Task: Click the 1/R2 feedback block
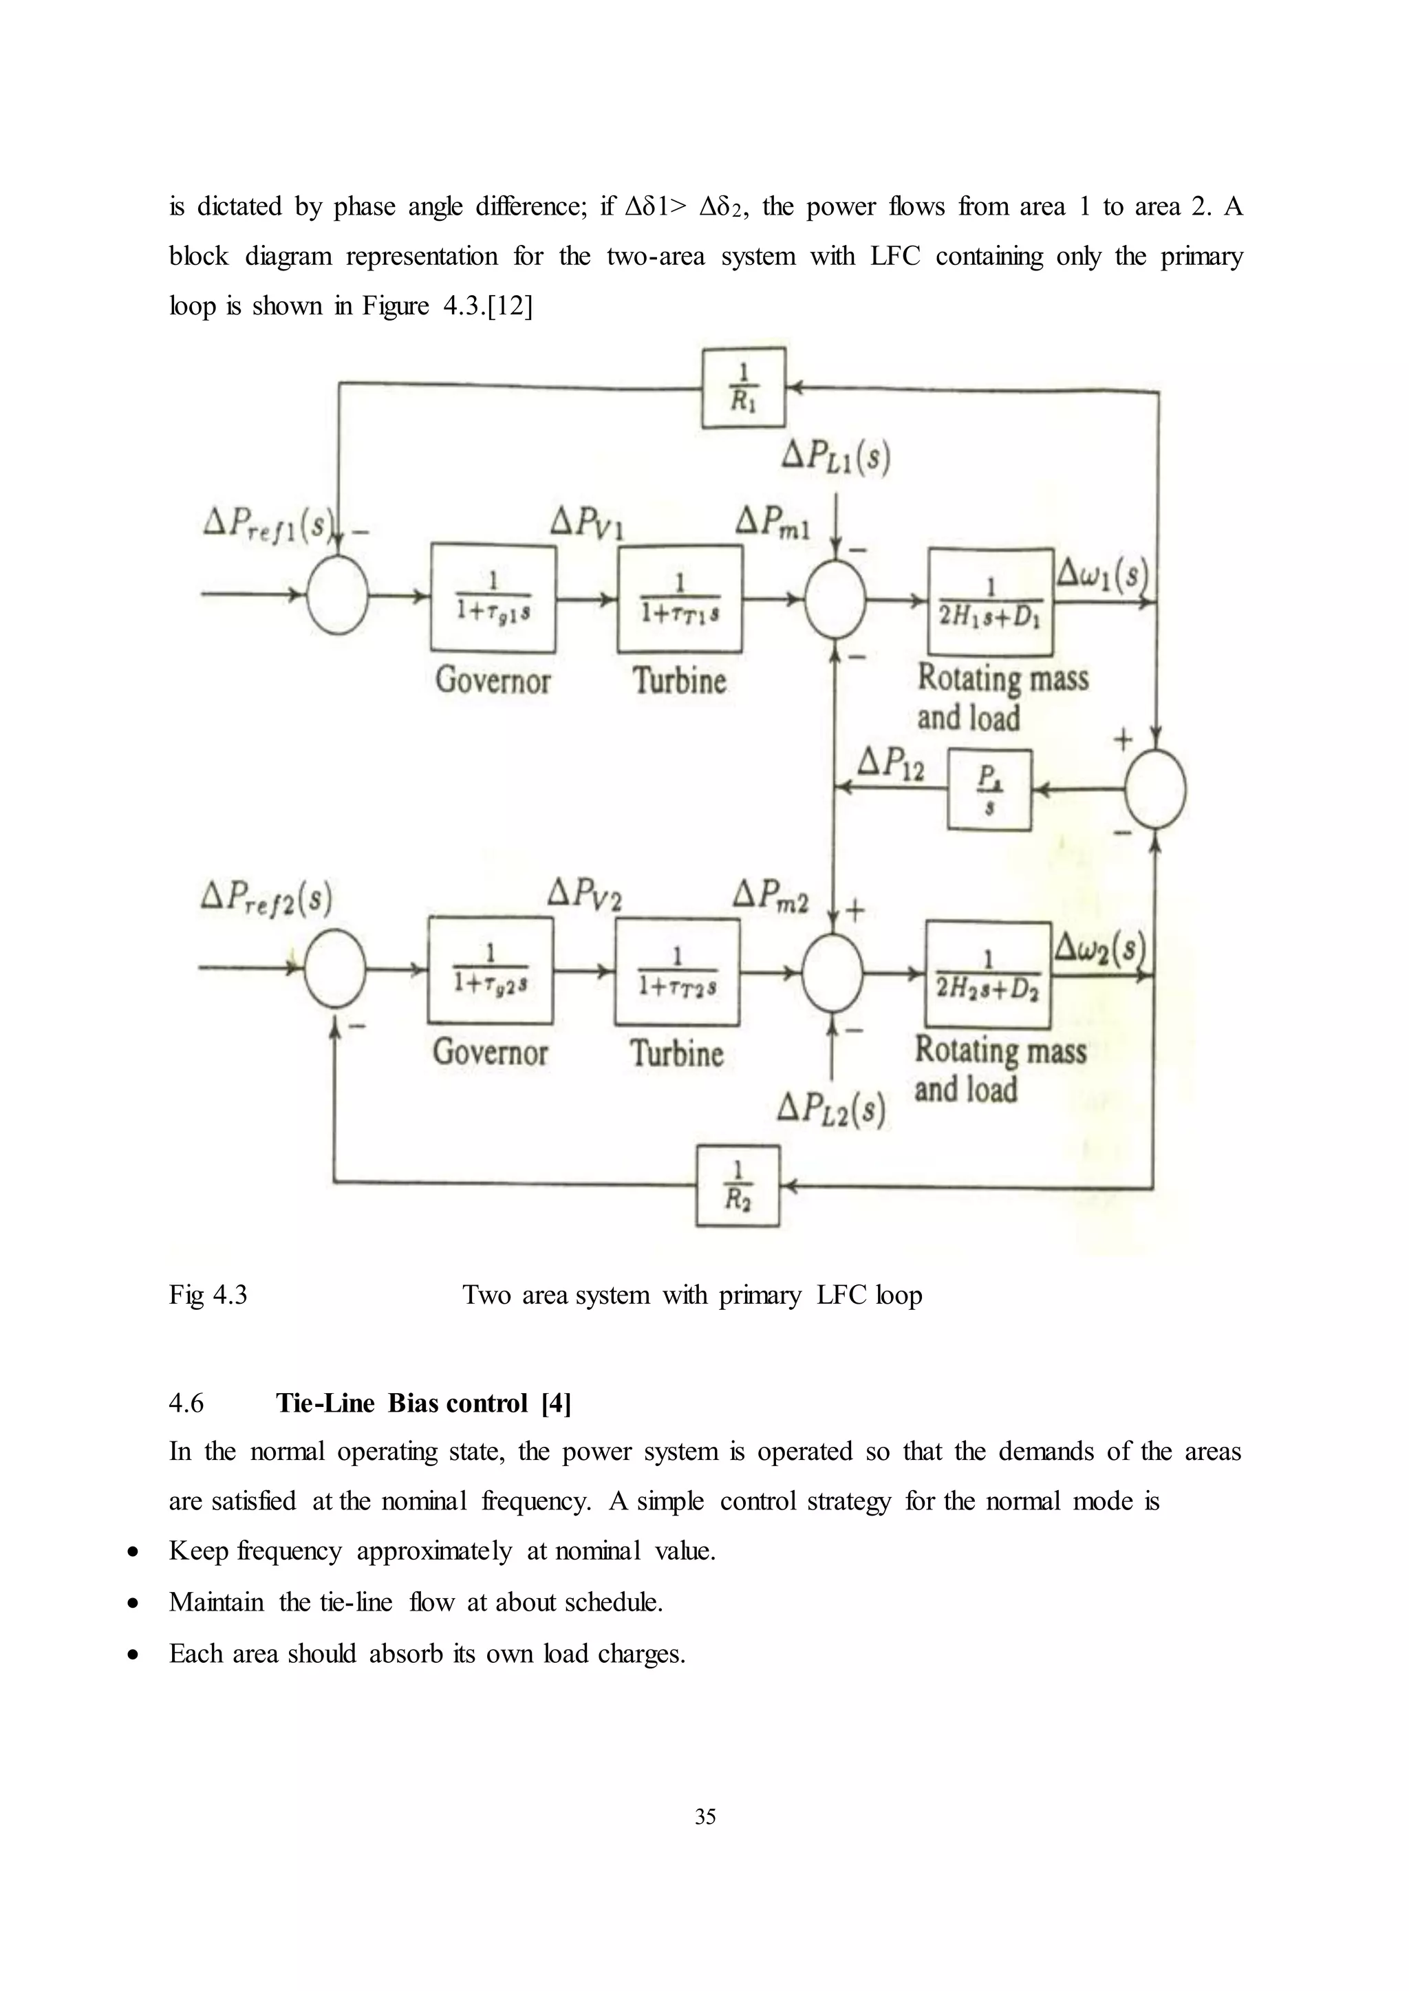click(x=738, y=1185)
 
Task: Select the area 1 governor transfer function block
click(x=493, y=598)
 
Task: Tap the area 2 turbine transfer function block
click(x=677, y=971)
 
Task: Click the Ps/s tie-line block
click(x=989, y=790)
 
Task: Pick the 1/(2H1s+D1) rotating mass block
click(x=990, y=601)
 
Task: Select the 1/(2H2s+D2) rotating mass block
click(x=987, y=973)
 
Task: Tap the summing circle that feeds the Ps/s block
click(x=1155, y=788)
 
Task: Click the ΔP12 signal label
click(x=890, y=764)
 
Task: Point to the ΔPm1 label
click(x=772, y=522)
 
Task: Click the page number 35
click(x=704, y=1816)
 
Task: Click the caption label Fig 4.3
click(x=208, y=1294)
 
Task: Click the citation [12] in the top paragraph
click(x=510, y=305)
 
